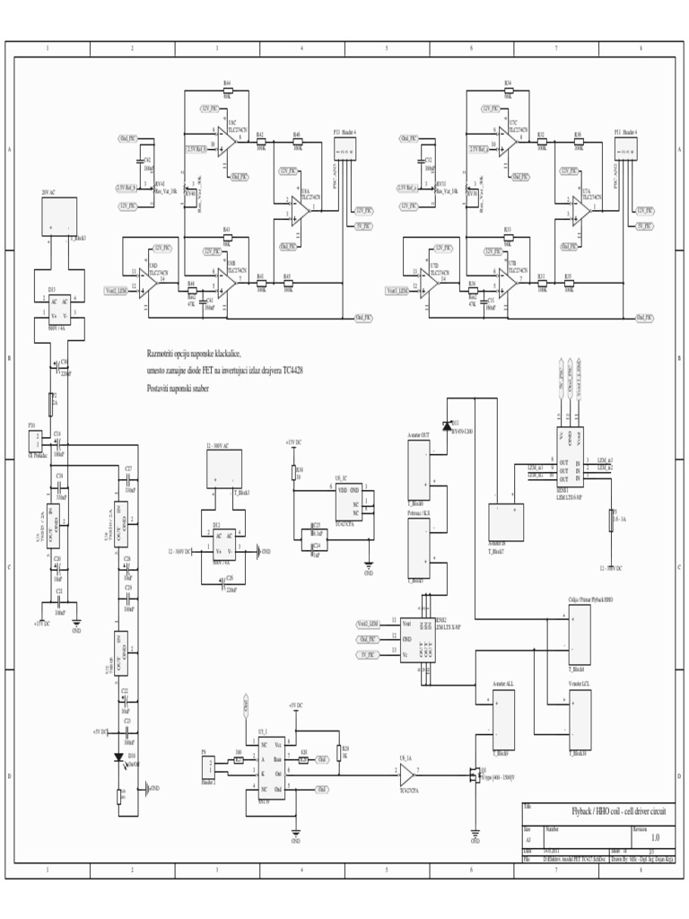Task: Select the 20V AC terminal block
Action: coord(59,216)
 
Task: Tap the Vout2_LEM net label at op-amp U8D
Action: coord(118,291)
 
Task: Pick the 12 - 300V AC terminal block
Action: coord(225,469)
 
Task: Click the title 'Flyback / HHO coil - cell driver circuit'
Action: coord(611,810)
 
